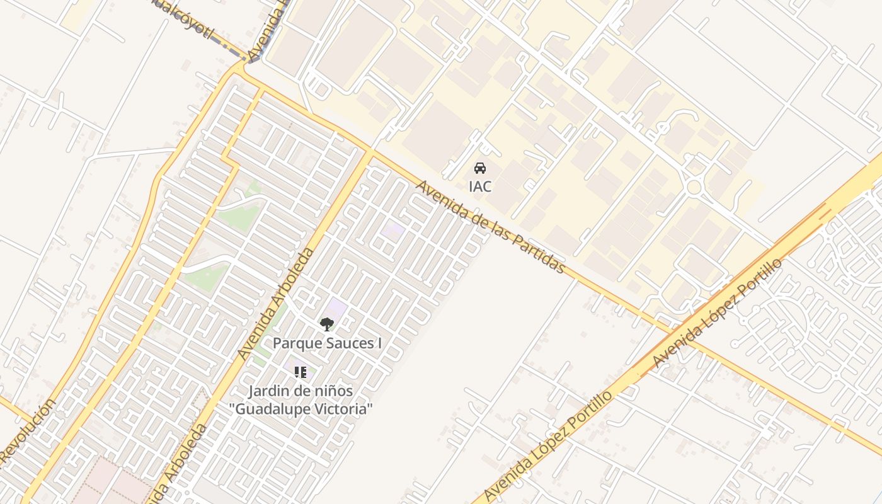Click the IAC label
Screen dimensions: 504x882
point(480,186)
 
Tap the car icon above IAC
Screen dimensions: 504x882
point(480,168)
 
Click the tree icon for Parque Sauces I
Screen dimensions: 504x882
point(326,324)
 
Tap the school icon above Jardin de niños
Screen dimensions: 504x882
point(301,372)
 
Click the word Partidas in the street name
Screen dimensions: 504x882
point(536,252)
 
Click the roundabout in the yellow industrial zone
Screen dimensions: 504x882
point(694,186)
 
